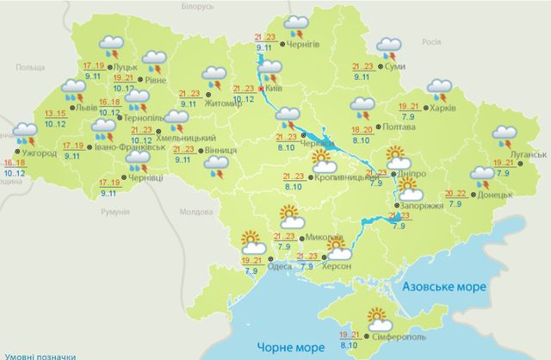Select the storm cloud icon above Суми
388,47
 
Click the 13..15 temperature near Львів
55,114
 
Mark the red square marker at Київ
261,88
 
